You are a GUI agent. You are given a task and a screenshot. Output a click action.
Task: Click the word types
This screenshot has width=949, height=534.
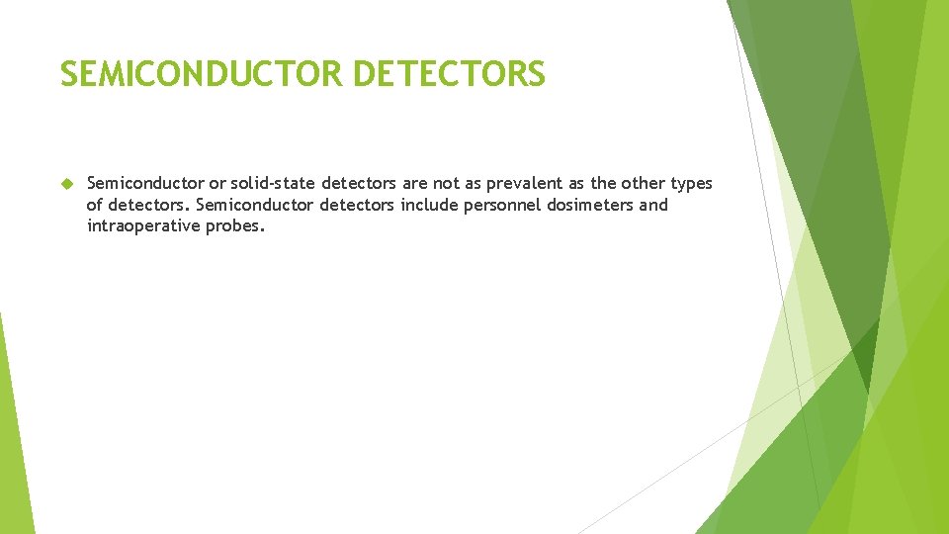point(691,184)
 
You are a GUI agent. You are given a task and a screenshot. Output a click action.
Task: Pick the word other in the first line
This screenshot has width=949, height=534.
point(643,184)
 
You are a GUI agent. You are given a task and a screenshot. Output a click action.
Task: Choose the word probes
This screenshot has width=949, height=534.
point(235,226)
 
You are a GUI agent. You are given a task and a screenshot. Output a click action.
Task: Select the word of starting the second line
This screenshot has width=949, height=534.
point(95,206)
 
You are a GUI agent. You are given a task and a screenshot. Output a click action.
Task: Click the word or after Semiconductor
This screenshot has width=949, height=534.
point(216,184)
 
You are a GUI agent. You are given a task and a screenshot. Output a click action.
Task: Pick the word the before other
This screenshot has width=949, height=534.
point(603,184)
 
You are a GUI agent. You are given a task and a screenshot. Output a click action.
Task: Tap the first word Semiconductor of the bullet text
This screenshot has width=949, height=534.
point(145,184)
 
